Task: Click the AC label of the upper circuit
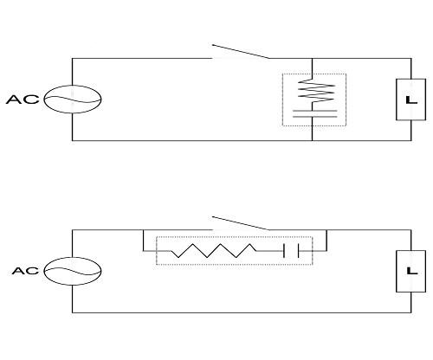coord(23,100)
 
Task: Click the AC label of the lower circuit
coord(25,271)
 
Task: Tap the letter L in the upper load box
coord(411,100)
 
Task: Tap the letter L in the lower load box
coord(412,271)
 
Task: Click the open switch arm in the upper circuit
coord(241,51)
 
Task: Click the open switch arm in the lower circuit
coord(241,223)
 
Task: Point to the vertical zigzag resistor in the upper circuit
coord(316,91)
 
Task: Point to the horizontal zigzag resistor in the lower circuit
coord(214,251)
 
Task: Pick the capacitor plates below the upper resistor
coord(314,113)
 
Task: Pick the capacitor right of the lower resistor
coord(291,251)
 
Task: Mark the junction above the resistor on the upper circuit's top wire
coord(312,59)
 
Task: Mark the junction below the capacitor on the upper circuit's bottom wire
coord(312,140)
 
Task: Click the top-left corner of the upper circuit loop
coord(72,59)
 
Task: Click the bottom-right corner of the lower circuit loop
coord(411,312)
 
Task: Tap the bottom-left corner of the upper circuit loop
coord(72,140)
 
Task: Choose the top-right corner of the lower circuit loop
coord(411,230)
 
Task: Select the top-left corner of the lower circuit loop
coord(72,230)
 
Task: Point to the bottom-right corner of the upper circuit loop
coord(411,140)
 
